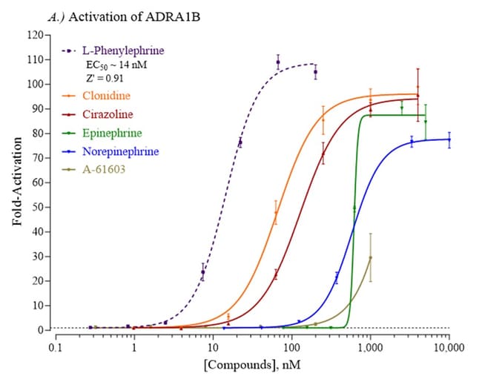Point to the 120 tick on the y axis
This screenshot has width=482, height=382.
(33, 35)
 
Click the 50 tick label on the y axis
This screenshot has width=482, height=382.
(35, 207)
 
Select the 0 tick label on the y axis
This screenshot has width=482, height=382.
(38, 330)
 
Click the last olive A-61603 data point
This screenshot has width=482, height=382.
(370, 257)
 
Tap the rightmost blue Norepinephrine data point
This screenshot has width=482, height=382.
(449, 139)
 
